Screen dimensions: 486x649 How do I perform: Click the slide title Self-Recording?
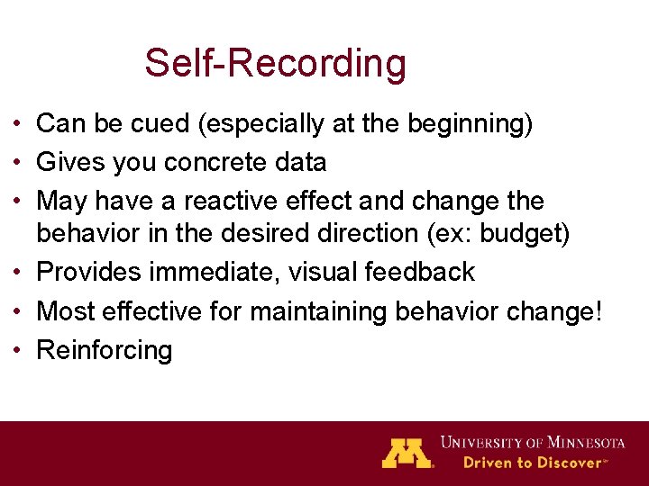click(275, 64)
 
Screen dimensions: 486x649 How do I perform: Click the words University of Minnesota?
click(533, 442)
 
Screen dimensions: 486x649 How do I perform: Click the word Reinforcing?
click(104, 349)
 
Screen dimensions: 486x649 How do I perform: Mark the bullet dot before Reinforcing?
click(19, 349)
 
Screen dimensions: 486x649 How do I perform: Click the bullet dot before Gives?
click(19, 162)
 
